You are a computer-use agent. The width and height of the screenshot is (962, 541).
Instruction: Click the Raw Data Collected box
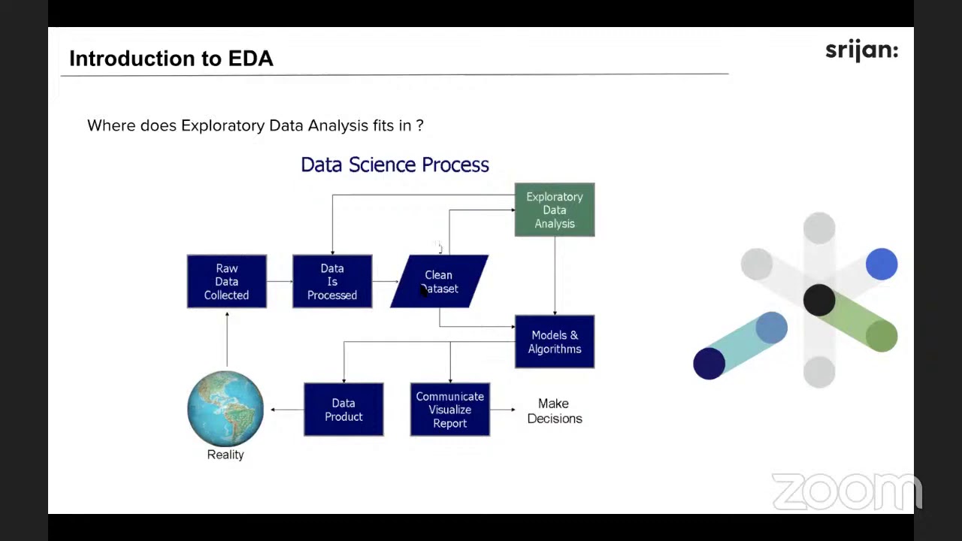click(x=226, y=282)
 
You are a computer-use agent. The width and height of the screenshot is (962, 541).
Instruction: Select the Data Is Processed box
click(x=332, y=282)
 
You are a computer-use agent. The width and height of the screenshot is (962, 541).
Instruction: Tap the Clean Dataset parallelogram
click(x=439, y=282)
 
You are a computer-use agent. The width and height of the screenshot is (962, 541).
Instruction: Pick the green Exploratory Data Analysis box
click(x=555, y=210)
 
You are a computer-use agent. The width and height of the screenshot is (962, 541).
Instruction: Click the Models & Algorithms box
click(x=555, y=342)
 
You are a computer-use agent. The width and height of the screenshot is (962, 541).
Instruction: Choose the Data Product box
click(x=343, y=410)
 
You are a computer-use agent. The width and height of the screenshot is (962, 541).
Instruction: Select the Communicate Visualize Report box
click(x=450, y=410)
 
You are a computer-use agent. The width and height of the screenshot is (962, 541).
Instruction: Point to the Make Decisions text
click(x=555, y=411)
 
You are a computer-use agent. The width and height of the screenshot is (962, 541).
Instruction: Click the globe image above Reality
click(x=225, y=408)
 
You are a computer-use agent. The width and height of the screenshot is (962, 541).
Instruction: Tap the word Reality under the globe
click(x=225, y=455)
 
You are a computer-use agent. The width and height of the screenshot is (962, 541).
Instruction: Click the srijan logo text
click(x=861, y=50)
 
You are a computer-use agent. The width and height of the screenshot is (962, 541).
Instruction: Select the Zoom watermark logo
click(x=846, y=492)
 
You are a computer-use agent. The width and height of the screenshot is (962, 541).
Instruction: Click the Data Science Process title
click(x=395, y=165)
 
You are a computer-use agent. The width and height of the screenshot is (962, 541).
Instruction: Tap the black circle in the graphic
click(x=818, y=300)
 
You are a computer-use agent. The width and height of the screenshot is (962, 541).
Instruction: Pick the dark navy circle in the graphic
click(x=709, y=364)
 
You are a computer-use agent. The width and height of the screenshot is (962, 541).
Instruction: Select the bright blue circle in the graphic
click(x=881, y=264)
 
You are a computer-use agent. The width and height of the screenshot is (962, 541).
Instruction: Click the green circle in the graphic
click(x=881, y=336)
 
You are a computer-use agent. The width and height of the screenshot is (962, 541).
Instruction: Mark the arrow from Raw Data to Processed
click(x=280, y=282)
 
